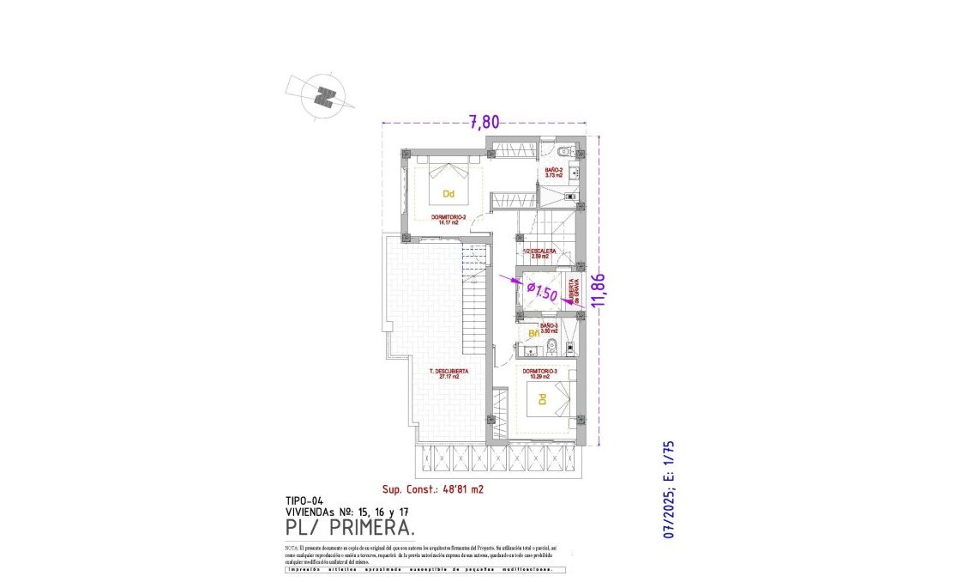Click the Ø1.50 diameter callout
pyautogui.click(x=541, y=292)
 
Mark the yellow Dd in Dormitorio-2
pyautogui.click(x=448, y=194)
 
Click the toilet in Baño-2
pyautogui.click(x=562, y=152)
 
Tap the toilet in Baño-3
pyautogui.click(x=552, y=348)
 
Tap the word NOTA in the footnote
pyautogui.click(x=292, y=547)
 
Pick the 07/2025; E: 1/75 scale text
pyautogui.click(x=671, y=490)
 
